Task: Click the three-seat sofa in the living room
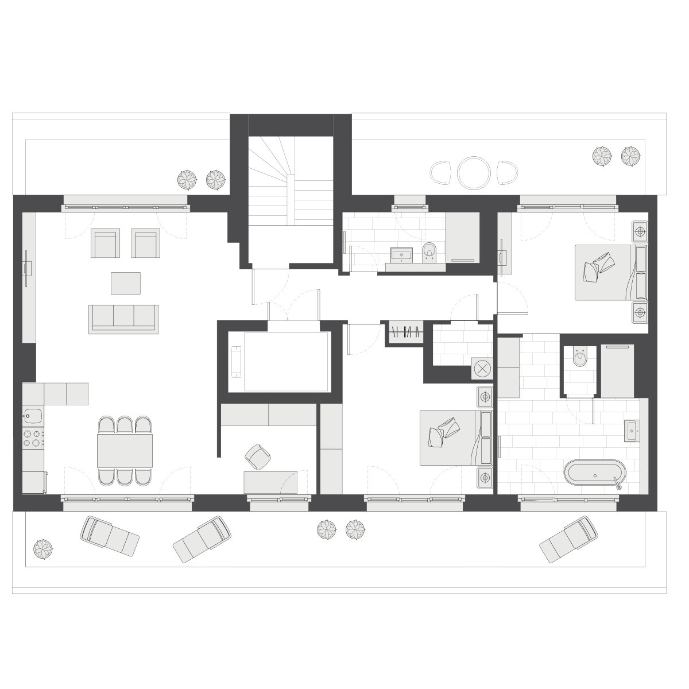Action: pyautogui.click(x=123, y=318)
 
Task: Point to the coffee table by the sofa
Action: pyautogui.click(x=126, y=283)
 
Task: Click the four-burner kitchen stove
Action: pyautogui.click(x=33, y=439)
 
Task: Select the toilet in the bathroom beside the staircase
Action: pyautogui.click(x=429, y=250)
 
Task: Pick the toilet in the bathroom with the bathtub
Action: pyautogui.click(x=580, y=359)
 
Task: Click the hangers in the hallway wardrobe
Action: pyautogui.click(x=406, y=332)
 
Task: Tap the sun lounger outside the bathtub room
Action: pyautogui.click(x=569, y=540)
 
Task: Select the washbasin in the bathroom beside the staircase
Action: pyautogui.click(x=401, y=254)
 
